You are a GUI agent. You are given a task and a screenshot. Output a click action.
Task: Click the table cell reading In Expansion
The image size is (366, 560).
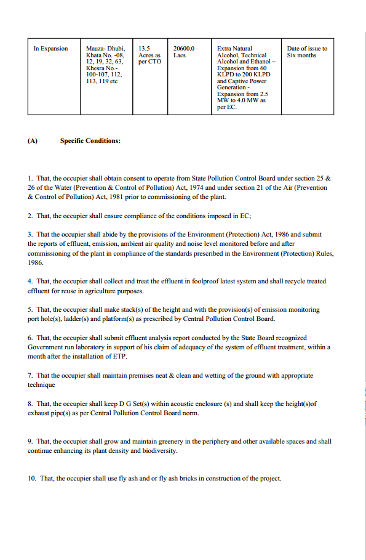50,49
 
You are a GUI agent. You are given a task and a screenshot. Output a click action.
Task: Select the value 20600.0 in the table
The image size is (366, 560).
184,49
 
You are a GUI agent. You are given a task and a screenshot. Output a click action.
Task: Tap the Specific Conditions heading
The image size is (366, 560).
90,140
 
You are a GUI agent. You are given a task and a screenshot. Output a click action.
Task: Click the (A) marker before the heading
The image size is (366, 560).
33,140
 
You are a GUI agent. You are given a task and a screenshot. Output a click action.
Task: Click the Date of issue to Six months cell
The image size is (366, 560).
307,52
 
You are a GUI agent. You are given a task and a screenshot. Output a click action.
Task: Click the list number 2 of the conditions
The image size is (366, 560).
30,216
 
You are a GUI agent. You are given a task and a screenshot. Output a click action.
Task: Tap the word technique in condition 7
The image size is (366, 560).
41,384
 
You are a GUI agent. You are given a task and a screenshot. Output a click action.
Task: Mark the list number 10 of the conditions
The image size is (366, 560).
31,479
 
